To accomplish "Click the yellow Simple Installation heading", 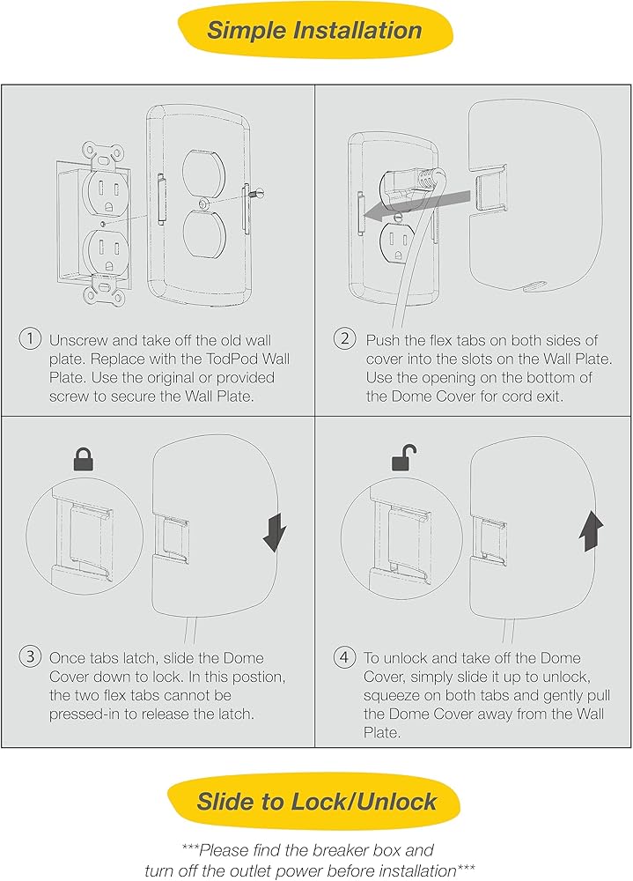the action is pos(315,30).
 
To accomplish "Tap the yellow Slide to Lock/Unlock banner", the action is pos(314,801).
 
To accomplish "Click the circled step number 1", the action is pos(30,339).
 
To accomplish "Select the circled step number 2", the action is pos(344,339).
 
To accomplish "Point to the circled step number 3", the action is pos(30,656).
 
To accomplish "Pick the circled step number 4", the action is pos(344,656).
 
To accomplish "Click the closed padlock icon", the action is pos(84,458).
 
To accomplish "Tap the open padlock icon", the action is pos(404,457).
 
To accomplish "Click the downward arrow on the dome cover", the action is pos(275,532).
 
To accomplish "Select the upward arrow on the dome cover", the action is pos(591,531).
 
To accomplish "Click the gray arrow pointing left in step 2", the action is pos(416,205).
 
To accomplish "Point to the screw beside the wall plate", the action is pos(257,194).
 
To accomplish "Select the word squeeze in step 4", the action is pos(391,697).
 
